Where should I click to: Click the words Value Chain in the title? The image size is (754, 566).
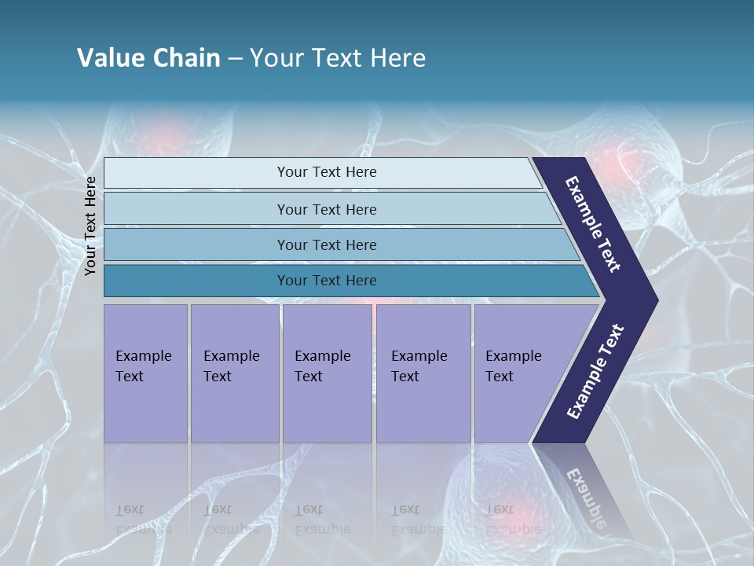(148, 58)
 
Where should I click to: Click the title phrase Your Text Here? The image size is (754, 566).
(338, 58)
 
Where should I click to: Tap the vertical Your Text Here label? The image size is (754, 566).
(90, 226)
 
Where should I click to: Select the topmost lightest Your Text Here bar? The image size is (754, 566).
(326, 172)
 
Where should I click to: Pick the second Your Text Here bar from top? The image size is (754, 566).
(326, 209)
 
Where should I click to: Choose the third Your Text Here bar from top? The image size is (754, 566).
(326, 244)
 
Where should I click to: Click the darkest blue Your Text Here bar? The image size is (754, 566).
(326, 281)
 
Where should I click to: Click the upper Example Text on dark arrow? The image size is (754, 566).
(593, 224)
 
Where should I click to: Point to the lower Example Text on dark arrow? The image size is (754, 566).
(595, 371)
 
